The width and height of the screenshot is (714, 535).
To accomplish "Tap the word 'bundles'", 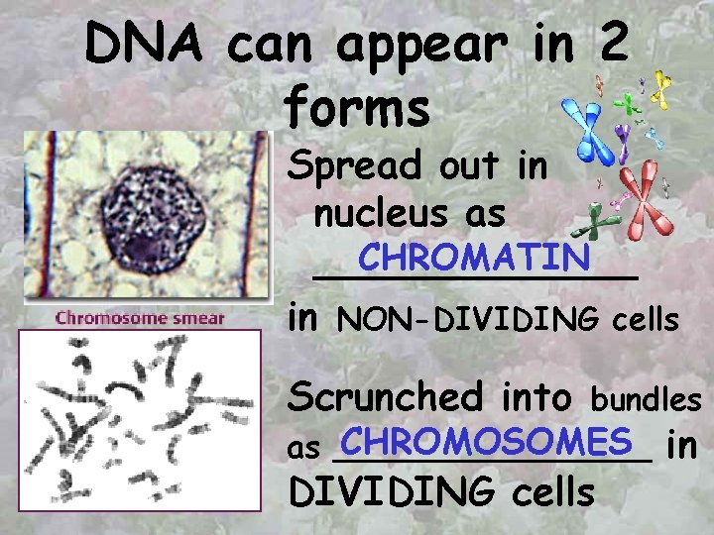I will (x=647, y=399).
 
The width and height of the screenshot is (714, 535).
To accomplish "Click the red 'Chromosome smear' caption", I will (x=140, y=318).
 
